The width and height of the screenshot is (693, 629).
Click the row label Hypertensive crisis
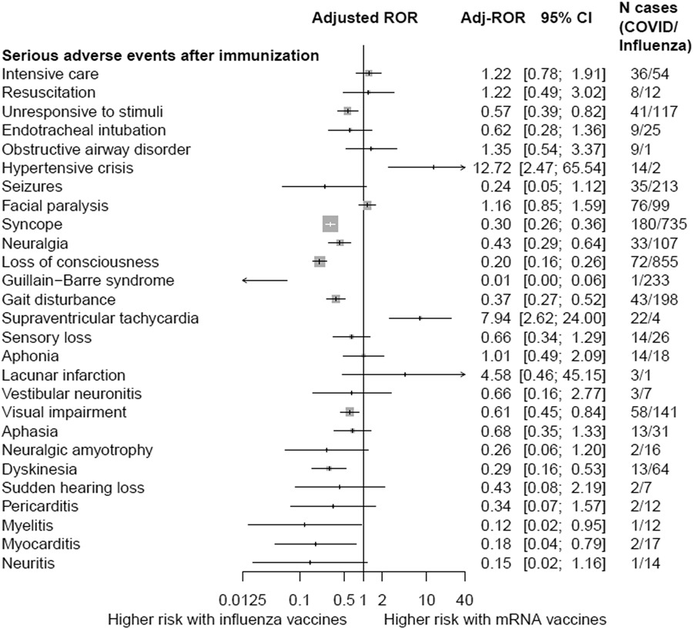[x=68, y=167]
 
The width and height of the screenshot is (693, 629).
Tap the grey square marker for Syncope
[x=330, y=224]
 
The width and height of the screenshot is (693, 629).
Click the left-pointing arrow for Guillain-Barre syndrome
[x=263, y=280]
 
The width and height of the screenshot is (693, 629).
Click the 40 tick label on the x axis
[x=464, y=600]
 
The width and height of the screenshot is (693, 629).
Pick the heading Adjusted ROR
[x=364, y=18]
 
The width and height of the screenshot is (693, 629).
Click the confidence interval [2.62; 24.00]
[x=564, y=318]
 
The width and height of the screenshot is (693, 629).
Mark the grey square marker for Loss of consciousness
[x=320, y=261]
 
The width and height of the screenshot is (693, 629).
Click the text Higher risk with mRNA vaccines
[x=494, y=619]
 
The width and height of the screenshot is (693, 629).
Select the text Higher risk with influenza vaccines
[x=226, y=619]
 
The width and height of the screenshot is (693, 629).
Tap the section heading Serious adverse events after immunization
[x=160, y=55]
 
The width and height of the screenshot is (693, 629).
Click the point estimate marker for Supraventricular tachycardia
[x=420, y=318]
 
